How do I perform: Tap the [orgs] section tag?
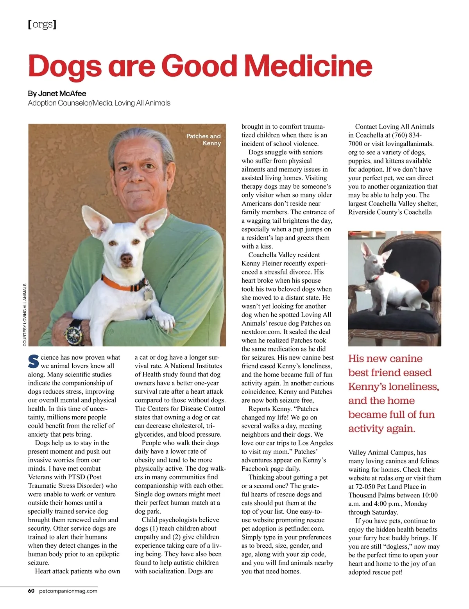[x=42, y=25]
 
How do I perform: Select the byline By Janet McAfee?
[x=57, y=93]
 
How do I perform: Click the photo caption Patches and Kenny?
[x=204, y=140]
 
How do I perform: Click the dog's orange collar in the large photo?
[x=121, y=285]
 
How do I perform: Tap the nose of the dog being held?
[x=126, y=258]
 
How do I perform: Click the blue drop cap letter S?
[x=34, y=362]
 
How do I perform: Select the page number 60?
[x=31, y=591]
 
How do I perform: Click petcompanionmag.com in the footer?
[x=68, y=591]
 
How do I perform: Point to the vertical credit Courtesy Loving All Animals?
[x=25, y=315]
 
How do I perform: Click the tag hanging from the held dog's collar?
[x=148, y=294]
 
